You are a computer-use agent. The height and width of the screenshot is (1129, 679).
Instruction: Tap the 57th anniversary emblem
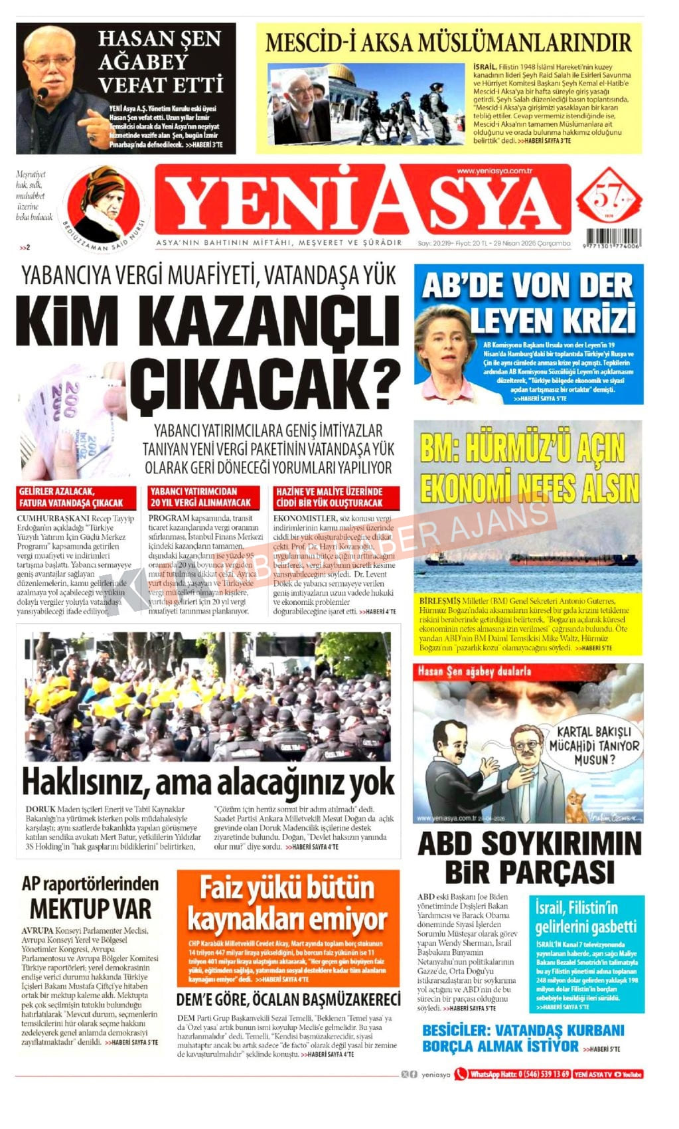[x=609, y=198]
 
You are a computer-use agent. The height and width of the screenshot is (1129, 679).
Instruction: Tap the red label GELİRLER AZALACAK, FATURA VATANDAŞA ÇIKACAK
[x=76, y=497]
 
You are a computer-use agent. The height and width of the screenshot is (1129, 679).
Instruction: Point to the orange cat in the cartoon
[x=574, y=804]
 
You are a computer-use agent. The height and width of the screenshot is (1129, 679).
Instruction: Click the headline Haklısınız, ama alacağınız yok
[x=208, y=782]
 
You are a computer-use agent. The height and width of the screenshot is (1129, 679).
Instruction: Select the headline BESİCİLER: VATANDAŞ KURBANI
[x=523, y=1030]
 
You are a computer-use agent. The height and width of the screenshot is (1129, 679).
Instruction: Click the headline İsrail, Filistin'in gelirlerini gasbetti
[x=586, y=916]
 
